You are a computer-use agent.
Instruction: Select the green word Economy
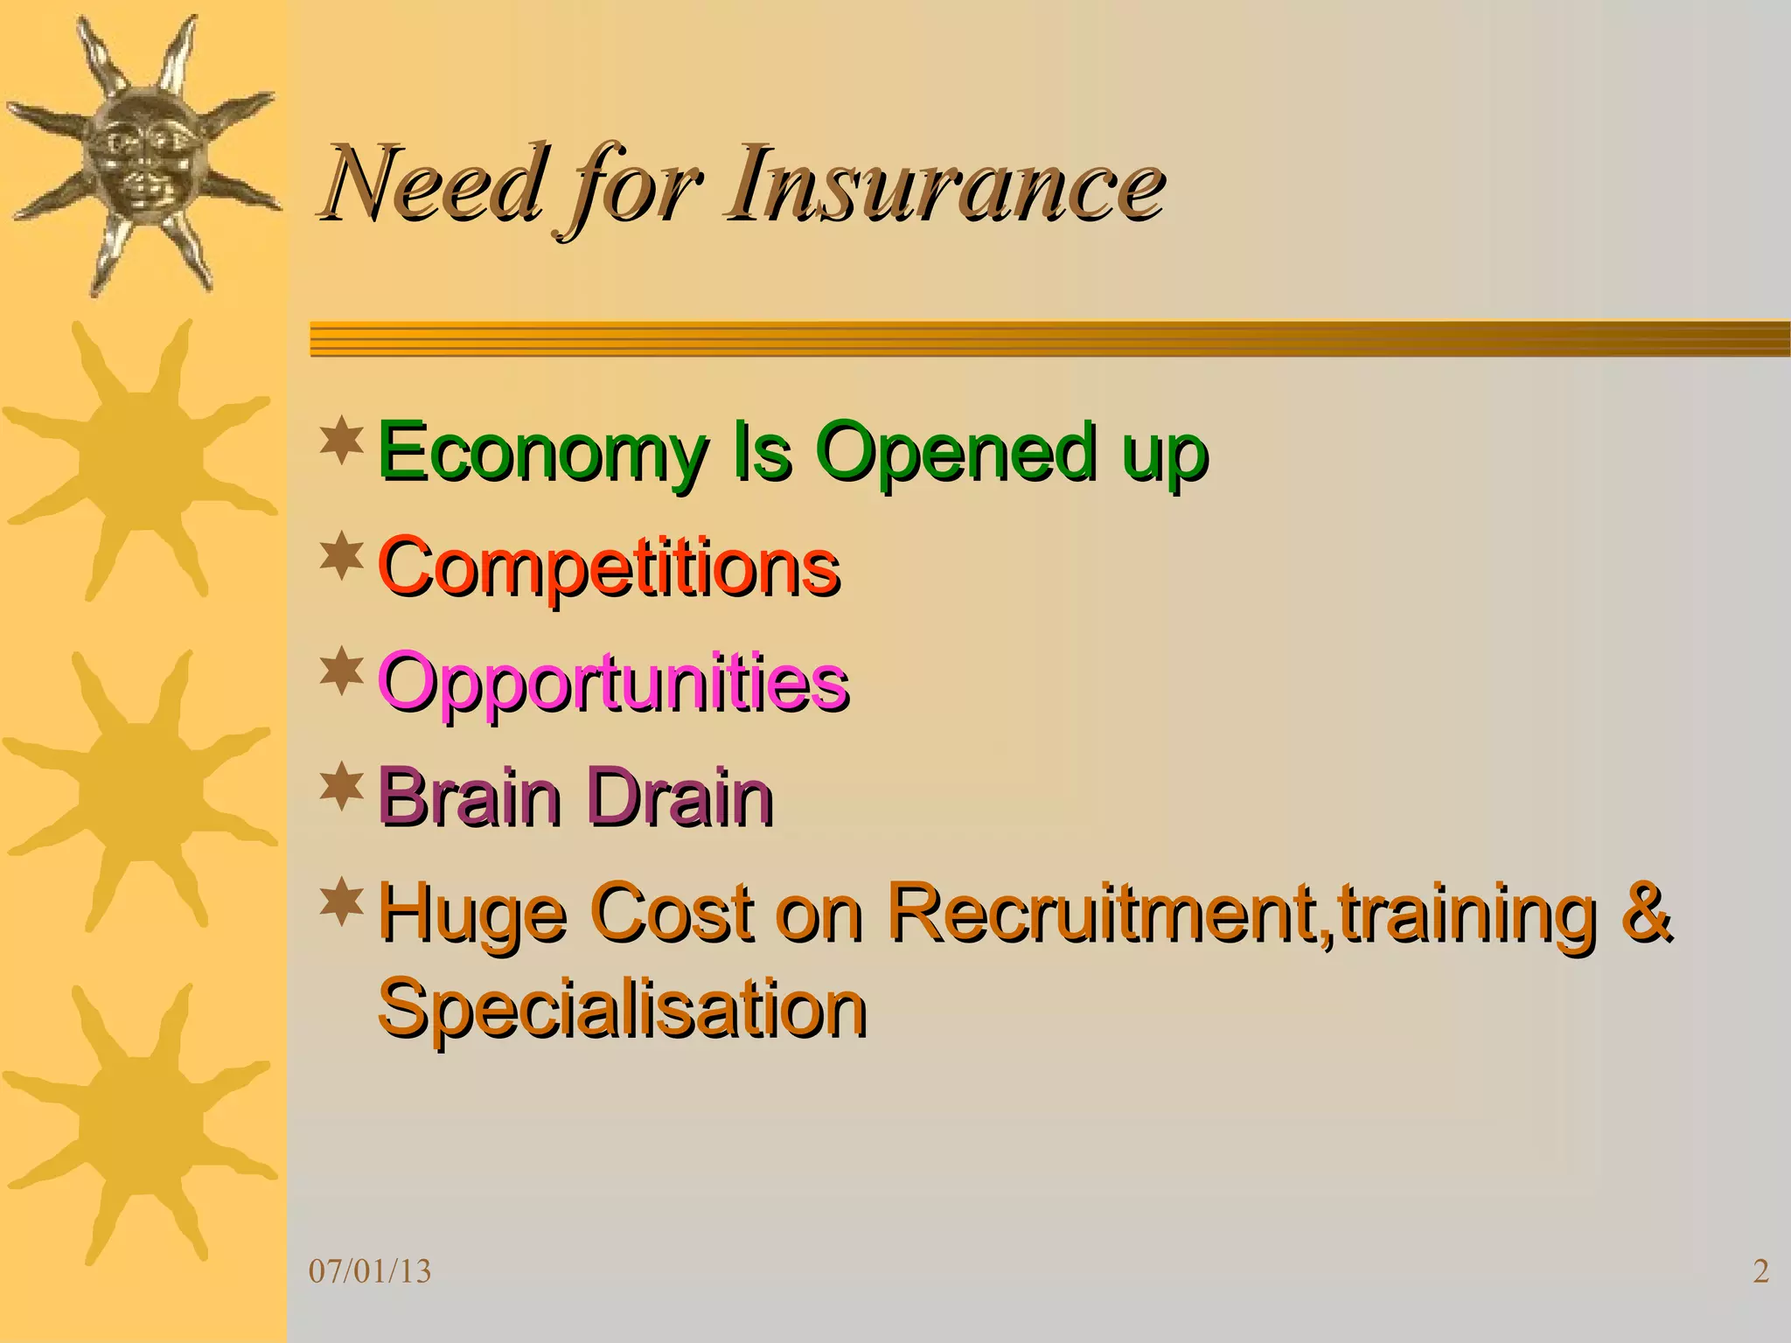click(x=542, y=453)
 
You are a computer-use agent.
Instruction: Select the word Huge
click(x=472, y=915)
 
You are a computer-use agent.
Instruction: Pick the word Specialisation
click(x=622, y=1009)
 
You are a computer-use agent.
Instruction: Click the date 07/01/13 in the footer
click(x=370, y=1271)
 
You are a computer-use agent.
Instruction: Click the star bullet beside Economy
click(x=342, y=442)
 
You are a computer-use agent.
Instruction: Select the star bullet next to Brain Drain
click(x=342, y=784)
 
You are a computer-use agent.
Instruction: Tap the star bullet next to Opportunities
click(x=342, y=671)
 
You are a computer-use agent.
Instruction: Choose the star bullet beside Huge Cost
click(x=342, y=903)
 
